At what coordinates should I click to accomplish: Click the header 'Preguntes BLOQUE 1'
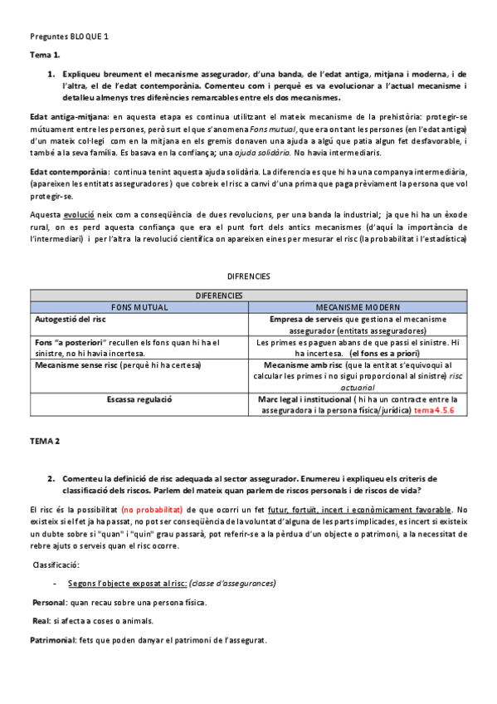point(69,37)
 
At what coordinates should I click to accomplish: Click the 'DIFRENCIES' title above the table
point(248,276)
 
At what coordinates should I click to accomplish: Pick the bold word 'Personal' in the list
point(50,603)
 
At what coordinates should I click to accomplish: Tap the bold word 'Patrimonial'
point(52,640)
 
